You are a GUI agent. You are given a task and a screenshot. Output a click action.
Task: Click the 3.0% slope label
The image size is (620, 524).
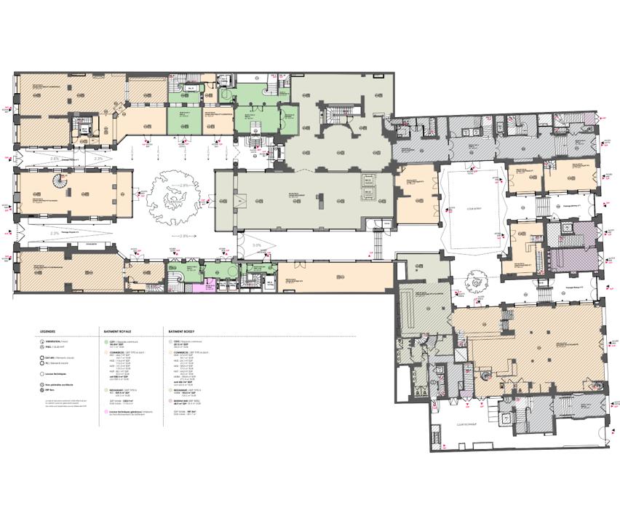click(x=257, y=246)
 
